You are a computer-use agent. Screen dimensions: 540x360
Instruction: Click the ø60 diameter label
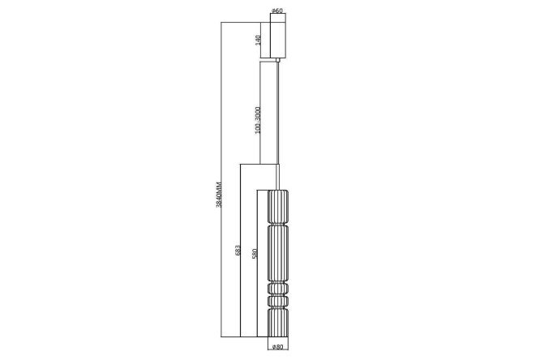[277, 11]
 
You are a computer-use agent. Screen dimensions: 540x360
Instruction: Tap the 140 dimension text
[258, 40]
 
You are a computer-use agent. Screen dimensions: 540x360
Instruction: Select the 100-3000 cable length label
[259, 121]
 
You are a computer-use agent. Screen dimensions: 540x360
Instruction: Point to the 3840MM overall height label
[219, 195]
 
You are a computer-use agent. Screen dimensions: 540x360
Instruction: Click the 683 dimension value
[238, 250]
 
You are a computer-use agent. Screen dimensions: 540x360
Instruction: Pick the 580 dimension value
[255, 254]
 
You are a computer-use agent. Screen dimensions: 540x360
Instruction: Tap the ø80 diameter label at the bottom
[277, 347]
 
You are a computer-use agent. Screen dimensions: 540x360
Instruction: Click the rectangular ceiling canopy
[278, 36]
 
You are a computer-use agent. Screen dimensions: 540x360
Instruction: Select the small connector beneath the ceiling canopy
[277, 60]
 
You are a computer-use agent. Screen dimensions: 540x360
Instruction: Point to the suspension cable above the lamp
[278, 126]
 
